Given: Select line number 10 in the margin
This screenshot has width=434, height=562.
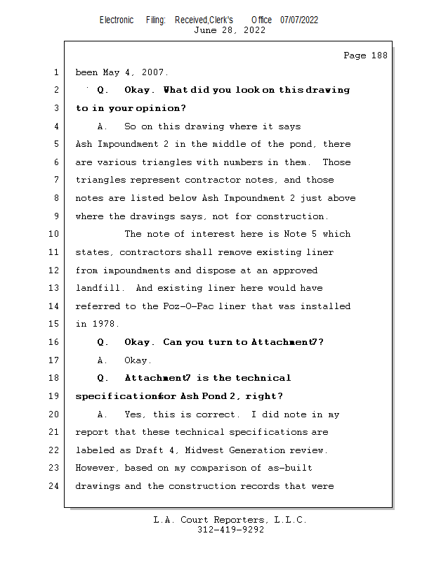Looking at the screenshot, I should [55, 234].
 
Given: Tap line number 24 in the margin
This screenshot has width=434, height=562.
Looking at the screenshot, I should [55, 485].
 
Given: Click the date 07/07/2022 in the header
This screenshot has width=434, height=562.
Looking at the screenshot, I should [299, 20].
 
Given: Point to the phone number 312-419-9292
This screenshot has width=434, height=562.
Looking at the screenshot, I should [230, 530].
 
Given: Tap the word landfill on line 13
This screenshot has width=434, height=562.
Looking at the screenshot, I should [98, 288].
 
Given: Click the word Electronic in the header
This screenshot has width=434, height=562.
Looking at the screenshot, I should [117, 20].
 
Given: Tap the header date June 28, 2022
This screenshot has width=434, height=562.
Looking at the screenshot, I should [230, 30].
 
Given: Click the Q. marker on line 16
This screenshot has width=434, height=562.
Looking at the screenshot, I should [103, 342].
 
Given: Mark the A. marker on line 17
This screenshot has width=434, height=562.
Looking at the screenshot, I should [103, 360].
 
